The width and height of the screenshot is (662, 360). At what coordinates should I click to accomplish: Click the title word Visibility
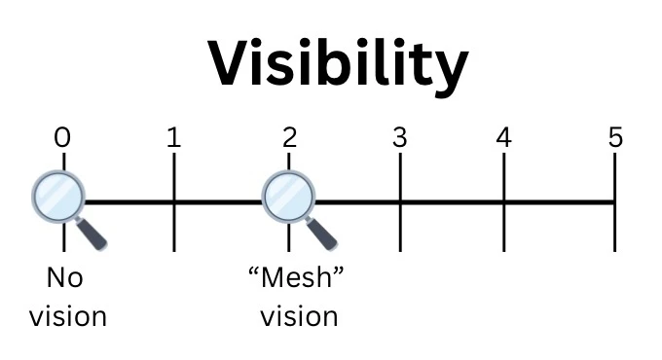click(x=338, y=66)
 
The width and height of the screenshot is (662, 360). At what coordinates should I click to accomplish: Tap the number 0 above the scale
click(x=62, y=137)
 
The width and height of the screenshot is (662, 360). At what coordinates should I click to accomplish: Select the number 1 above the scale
click(x=174, y=137)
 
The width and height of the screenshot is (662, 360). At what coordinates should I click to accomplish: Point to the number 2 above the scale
click(x=290, y=137)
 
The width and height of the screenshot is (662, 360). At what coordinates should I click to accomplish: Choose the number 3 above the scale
click(x=400, y=137)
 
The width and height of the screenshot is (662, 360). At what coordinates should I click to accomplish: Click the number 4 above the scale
click(x=504, y=137)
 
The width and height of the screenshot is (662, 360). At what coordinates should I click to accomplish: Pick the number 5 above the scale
click(x=615, y=137)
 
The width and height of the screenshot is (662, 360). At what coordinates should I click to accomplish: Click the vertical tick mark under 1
click(x=174, y=202)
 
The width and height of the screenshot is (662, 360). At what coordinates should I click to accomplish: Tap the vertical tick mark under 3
click(x=400, y=202)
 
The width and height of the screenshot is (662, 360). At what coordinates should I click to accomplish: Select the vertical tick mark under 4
click(x=504, y=202)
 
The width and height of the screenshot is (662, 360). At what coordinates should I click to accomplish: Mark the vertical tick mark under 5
click(x=614, y=202)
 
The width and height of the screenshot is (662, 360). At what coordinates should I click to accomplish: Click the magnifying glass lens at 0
click(x=58, y=197)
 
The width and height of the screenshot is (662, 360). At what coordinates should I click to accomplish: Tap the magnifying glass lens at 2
click(x=289, y=197)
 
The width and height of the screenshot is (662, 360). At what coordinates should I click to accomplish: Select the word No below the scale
click(x=64, y=277)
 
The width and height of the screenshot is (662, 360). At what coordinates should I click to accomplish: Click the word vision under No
click(x=68, y=316)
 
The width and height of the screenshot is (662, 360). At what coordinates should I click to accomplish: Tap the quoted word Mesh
click(x=296, y=277)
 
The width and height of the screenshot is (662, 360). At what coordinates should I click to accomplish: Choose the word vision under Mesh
click(x=299, y=316)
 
